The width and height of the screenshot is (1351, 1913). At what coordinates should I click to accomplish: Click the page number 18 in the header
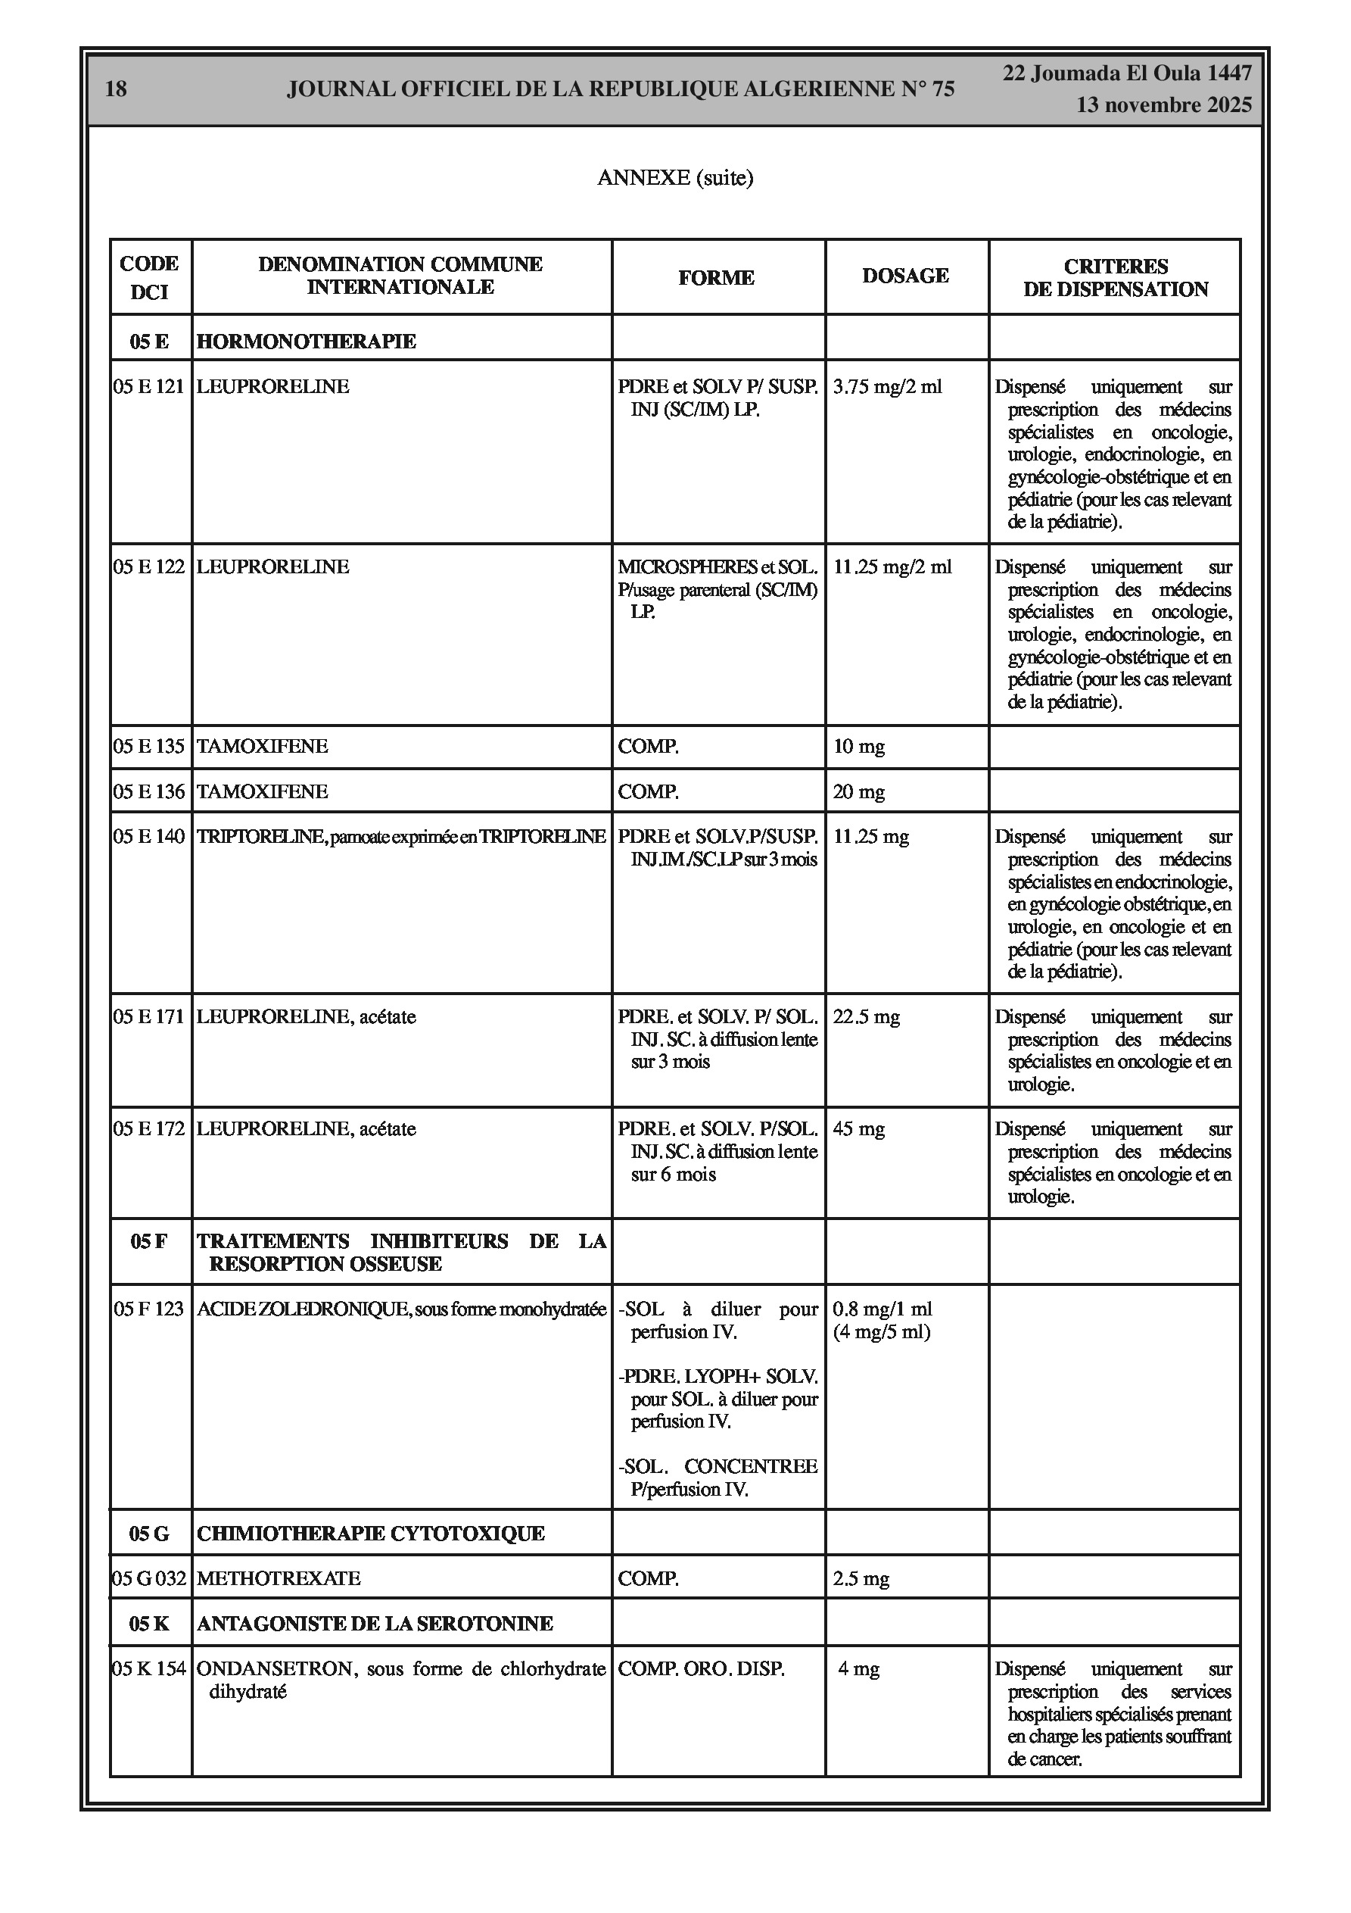[116, 89]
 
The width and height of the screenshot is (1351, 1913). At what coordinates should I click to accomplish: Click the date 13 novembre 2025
[1163, 105]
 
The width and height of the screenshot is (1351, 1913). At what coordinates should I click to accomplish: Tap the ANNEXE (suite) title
[674, 177]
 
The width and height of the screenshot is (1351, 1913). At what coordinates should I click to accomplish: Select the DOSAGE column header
[905, 276]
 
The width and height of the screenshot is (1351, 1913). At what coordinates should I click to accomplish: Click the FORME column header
[716, 277]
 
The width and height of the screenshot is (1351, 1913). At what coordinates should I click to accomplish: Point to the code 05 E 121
[149, 386]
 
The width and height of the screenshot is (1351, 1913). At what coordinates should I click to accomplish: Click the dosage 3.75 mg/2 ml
[888, 386]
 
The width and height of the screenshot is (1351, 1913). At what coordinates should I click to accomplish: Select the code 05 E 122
[149, 566]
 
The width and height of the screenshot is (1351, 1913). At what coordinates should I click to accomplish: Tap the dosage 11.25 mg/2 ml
[892, 566]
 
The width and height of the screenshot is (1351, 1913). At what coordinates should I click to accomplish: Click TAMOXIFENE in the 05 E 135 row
[263, 746]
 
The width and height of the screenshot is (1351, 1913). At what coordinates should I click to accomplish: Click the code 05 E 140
[149, 837]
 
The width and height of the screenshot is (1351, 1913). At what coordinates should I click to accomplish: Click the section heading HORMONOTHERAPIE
[307, 341]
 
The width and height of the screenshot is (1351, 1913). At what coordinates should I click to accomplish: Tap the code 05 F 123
[149, 1309]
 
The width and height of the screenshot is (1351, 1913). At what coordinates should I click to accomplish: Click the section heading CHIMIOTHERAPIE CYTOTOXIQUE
[371, 1533]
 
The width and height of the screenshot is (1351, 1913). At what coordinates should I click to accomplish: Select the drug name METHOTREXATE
[279, 1578]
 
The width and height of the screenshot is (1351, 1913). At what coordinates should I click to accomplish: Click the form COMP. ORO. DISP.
[701, 1669]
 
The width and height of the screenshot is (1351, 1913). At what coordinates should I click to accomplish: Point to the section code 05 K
[149, 1623]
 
